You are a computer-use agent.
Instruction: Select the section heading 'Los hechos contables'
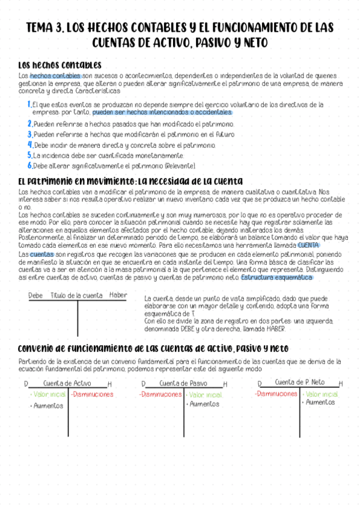59,65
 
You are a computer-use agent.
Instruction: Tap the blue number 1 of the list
29,105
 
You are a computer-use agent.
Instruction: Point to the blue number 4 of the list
29,145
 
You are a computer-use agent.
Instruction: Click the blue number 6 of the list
29,165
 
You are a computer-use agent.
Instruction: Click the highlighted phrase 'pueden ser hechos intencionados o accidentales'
162,112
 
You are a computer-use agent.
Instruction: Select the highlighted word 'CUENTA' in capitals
308,245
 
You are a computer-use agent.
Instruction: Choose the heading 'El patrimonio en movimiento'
78,181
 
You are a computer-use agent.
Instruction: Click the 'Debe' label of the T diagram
35,295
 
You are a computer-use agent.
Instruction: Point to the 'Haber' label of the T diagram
118,295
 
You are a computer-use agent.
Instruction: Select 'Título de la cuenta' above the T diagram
76,295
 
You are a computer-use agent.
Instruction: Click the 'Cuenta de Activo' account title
67,383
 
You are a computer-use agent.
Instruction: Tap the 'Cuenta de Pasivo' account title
183,383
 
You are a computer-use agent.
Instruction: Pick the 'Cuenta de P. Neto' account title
299,382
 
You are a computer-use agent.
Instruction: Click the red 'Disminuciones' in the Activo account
92,395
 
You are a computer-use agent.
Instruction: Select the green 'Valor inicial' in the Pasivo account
204,395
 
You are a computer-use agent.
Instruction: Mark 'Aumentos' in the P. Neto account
320,403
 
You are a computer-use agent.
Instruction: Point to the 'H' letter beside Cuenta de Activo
109,384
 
